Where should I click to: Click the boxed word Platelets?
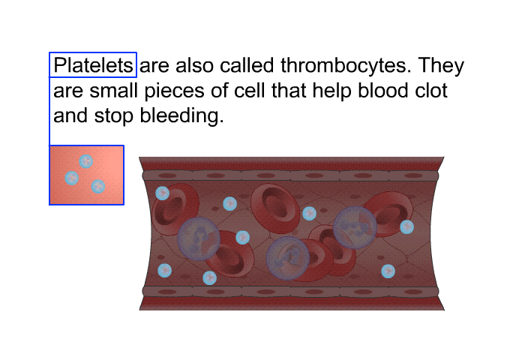coord(93,65)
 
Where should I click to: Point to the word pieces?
coord(174,91)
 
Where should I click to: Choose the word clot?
coord(431,91)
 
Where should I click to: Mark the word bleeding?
coord(181,116)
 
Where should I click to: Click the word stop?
coord(113,116)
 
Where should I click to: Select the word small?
coord(114,91)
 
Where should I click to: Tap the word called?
coord(247,65)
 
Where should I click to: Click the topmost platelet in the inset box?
coord(86,161)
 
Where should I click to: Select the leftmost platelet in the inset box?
coord(72,178)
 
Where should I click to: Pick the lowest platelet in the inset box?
coord(98,187)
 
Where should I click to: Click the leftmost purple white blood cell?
coord(199,238)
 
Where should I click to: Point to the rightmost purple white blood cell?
coord(355,227)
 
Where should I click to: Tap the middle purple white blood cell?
coord(287,258)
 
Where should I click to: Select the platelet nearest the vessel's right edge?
coord(406,227)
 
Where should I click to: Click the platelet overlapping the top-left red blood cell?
coord(163,193)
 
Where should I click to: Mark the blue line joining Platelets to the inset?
coord(49,111)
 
